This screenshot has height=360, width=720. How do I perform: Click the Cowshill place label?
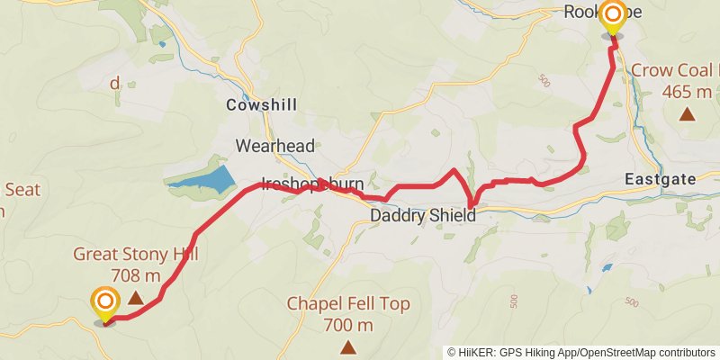[262, 104]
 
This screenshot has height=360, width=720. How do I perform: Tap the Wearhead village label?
[266, 145]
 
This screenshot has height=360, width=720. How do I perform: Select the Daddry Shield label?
[422, 216]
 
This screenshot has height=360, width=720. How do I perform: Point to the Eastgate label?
[660, 180]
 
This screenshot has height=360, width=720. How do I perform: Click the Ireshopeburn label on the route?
[311, 184]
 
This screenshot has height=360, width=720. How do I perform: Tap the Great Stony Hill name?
[135, 256]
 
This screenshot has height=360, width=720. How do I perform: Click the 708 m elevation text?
[135, 275]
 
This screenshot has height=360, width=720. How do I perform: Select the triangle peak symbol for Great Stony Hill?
[135, 297]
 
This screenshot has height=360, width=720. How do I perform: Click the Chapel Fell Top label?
[347, 304]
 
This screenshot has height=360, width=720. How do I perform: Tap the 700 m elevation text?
[347, 324]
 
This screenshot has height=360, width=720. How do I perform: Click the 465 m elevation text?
[686, 92]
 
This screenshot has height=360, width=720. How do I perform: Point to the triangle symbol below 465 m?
[687, 113]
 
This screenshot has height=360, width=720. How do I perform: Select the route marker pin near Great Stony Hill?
[105, 304]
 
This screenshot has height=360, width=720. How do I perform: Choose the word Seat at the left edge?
[22, 190]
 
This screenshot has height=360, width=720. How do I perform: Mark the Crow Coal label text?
[675, 70]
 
